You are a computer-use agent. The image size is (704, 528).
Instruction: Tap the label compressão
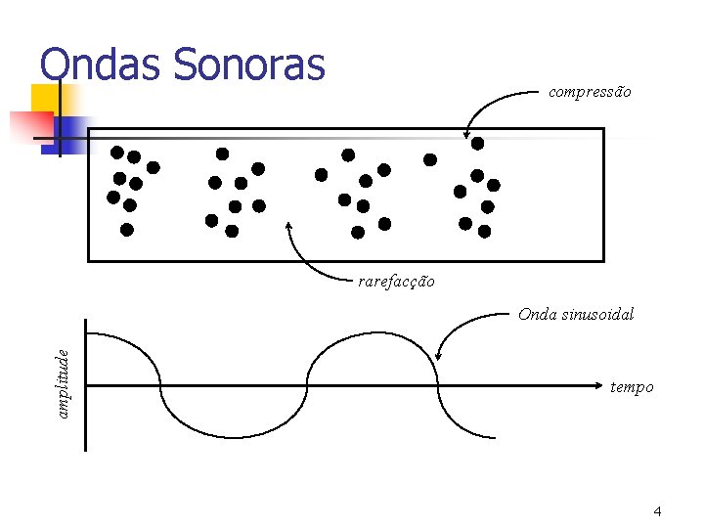[x=590, y=92]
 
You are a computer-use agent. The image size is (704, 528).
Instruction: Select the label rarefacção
[x=396, y=282]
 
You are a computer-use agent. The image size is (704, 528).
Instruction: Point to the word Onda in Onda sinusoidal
[x=538, y=314]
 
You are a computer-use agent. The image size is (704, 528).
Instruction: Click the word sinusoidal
[x=597, y=314]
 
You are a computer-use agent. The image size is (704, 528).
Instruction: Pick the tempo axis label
[x=632, y=387]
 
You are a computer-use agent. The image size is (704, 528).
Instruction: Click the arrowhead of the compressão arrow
[x=467, y=136]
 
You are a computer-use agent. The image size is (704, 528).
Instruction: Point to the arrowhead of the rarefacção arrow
[x=288, y=224]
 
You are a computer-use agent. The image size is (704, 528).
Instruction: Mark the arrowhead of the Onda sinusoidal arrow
[x=439, y=358]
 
